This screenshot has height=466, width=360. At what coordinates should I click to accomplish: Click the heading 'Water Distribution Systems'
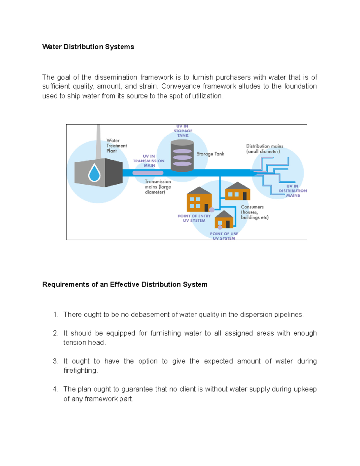(88, 47)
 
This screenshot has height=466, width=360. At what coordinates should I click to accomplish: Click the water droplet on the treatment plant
(94, 173)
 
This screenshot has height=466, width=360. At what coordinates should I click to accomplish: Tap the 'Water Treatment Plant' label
(116, 146)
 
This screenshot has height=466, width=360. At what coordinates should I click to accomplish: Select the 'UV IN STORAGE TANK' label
(183, 131)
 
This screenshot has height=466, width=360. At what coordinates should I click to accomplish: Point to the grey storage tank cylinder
(182, 156)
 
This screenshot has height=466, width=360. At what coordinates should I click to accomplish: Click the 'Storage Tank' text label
(210, 154)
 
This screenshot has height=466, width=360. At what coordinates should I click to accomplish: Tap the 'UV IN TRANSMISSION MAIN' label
(149, 161)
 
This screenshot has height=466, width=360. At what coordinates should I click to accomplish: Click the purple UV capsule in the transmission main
(148, 173)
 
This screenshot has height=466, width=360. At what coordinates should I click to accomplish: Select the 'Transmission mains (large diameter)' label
(158, 187)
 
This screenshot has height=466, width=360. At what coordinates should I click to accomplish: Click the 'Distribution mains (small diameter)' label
(264, 149)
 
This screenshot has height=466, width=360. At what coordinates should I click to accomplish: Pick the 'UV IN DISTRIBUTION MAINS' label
(293, 191)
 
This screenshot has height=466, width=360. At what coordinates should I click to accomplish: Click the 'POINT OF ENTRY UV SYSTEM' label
(194, 218)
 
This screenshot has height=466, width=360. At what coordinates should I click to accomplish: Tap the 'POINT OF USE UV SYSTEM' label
(224, 236)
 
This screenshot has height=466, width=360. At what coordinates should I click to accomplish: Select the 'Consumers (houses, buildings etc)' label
(254, 212)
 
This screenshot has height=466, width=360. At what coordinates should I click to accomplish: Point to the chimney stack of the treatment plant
(98, 141)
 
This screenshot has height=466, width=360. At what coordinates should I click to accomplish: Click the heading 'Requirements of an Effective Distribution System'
(125, 284)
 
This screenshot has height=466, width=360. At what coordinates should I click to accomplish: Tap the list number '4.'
(55, 389)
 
